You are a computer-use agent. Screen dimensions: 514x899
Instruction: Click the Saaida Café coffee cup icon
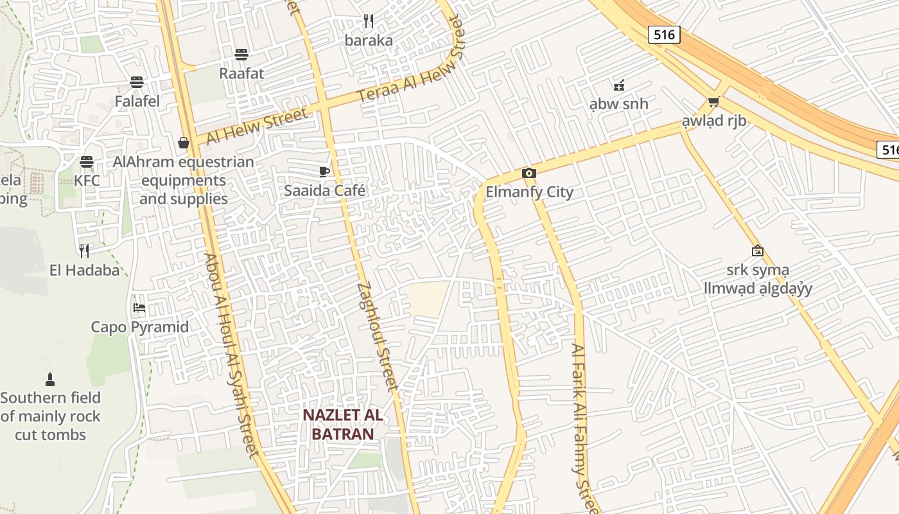coord(324,172)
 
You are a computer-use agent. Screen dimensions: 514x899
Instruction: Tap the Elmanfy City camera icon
coord(529,173)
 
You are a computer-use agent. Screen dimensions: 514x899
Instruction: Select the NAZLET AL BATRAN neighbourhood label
coord(343,424)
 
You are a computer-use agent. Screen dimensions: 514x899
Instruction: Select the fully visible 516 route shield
coord(663,34)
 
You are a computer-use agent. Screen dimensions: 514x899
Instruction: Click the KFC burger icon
coord(87,161)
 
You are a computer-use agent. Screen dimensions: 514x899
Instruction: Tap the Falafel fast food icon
coord(137,82)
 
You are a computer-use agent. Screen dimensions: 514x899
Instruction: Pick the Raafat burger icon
coord(241,54)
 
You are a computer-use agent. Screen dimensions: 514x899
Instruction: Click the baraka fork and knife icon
coord(369,21)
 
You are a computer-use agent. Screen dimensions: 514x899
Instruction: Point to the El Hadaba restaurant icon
coord(84,251)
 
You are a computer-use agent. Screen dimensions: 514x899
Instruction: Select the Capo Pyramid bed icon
coord(139,308)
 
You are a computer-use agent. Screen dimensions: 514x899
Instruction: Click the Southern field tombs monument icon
coord(50,379)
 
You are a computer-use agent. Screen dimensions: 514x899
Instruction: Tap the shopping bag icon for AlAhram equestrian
coord(184,142)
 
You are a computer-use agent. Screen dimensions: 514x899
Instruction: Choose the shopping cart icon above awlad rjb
coord(713,102)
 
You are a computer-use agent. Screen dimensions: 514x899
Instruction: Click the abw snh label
coord(619,104)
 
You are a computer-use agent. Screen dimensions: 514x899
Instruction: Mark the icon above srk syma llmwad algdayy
coord(758,251)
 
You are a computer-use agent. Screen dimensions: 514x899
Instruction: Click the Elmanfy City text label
coord(529,192)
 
